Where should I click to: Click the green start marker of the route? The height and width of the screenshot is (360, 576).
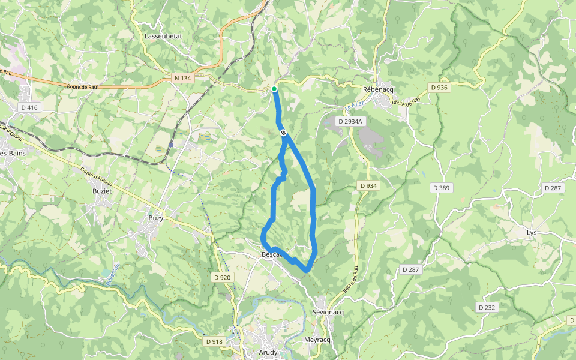coord(274,89)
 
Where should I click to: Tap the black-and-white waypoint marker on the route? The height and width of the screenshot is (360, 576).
coord(283,133)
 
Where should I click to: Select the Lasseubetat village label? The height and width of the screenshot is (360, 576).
coord(163,37)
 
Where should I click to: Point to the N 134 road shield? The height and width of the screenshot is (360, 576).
coord(182,78)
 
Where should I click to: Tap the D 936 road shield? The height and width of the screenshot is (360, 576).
coord(439,88)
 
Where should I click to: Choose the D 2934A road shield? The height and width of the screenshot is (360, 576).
coord(350,121)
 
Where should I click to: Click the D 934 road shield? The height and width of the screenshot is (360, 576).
coord(368,186)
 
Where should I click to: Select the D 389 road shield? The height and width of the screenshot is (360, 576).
coord(441,188)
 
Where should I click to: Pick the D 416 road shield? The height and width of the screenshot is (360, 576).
coord(29,107)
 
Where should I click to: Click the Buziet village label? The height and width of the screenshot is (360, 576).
coord(103,190)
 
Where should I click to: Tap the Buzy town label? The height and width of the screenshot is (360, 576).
coord(156,218)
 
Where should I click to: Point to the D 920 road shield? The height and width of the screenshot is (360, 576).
coord(222,277)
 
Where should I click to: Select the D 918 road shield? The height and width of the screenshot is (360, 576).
coord(214,341)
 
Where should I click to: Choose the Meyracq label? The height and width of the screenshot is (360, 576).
coord(318,340)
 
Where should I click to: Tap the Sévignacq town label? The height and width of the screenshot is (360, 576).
coord(328,313)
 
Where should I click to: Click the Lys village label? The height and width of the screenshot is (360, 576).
coord(532,232)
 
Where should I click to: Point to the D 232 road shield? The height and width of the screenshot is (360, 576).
coord(487,307)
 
